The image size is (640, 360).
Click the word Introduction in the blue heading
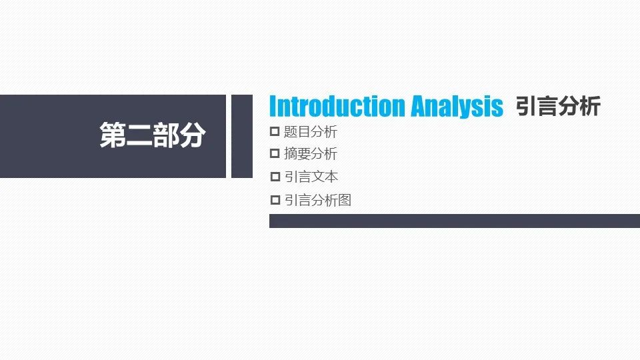click(338, 106)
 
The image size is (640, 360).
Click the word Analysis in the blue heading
click(457, 107)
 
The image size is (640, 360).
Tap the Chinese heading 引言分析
click(558, 106)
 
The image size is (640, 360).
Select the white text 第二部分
click(152, 135)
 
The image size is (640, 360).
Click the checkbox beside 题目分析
click(275, 131)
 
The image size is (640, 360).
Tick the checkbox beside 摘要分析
click(275, 153)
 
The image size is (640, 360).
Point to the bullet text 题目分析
click(311, 132)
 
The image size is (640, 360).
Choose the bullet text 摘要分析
click(311, 154)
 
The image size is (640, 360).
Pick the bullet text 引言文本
click(311, 177)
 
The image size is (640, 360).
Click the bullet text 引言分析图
click(317, 200)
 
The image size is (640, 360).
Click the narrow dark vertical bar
click(241, 136)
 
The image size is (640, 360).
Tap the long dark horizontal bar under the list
click(455, 221)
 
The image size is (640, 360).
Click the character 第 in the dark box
click(113, 135)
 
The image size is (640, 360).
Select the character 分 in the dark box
click(192, 135)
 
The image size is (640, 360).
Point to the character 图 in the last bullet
click(345, 200)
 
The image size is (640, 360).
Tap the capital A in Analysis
click(418, 106)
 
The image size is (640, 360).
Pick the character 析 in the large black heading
click(590, 106)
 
